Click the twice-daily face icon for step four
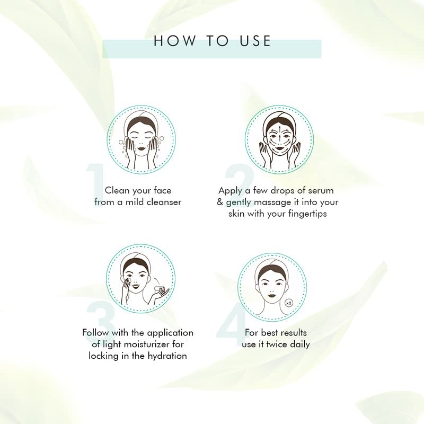(271, 286)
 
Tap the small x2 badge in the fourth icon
(289, 303)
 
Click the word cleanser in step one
(163, 202)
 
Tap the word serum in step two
(320, 190)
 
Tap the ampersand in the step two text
(220, 202)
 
